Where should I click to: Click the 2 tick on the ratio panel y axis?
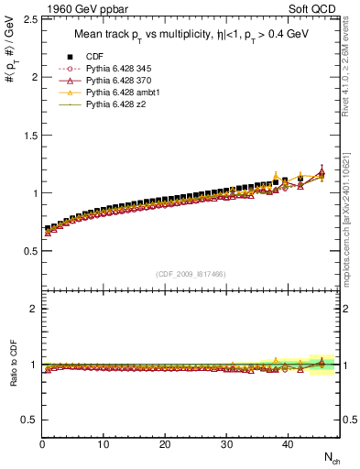tap(32, 309)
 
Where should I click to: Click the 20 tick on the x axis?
tap(165, 445)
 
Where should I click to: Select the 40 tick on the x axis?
tap(288, 445)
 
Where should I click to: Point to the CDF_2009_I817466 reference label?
tap(192, 273)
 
